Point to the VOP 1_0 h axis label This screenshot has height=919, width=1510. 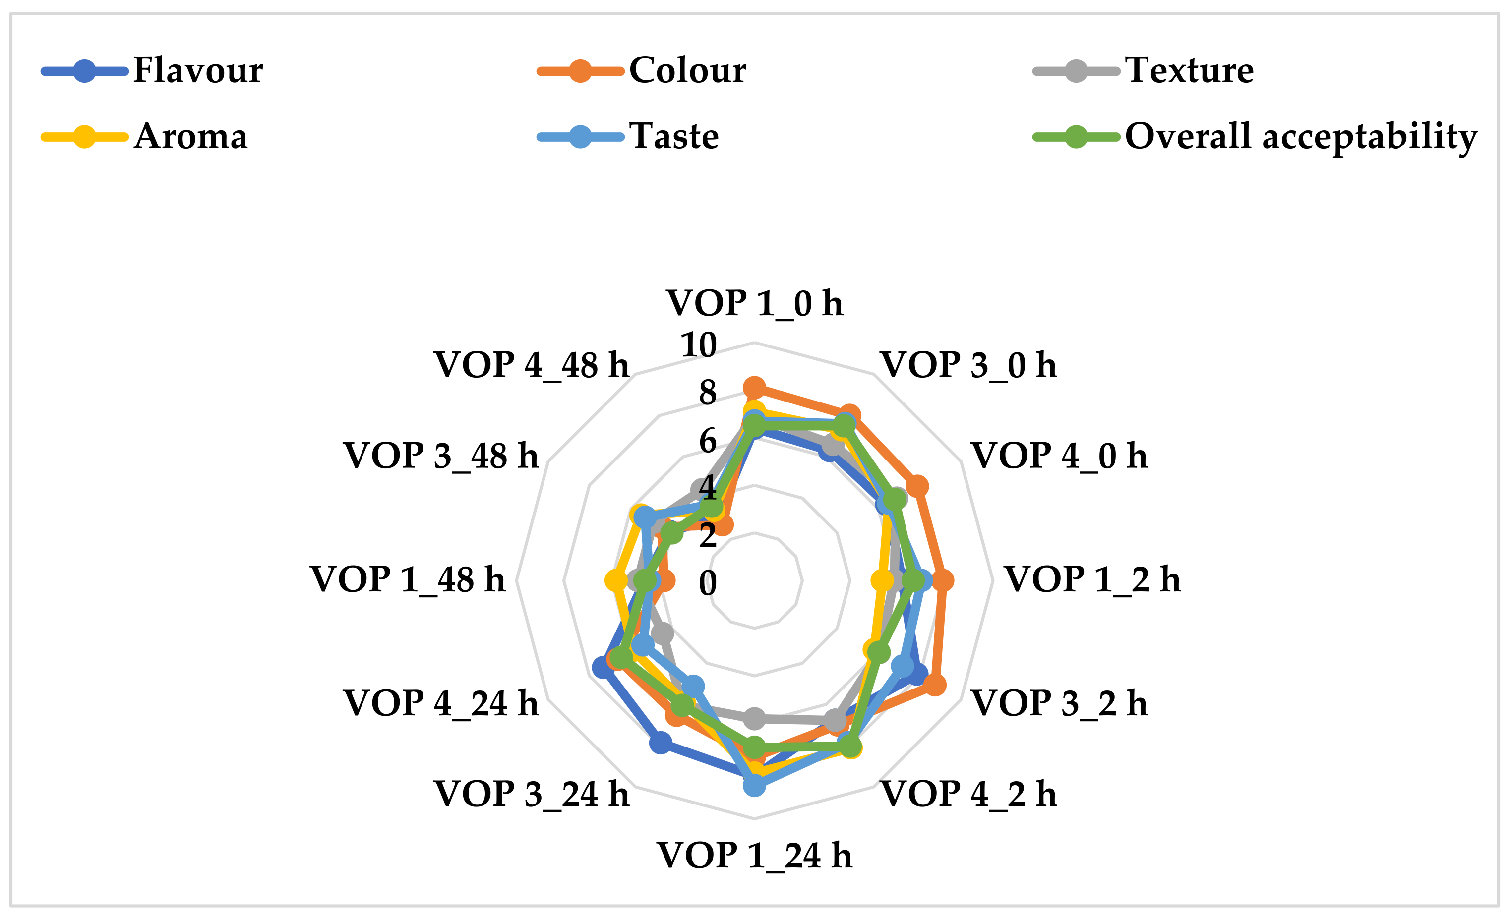coord(754,303)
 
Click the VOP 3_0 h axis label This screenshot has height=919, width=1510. coord(968,365)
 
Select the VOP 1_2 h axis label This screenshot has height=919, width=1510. coord(1092,579)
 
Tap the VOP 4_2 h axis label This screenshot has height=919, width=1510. coord(968,794)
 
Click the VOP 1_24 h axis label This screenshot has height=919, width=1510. coord(754,856)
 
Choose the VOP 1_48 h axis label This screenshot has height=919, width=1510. coord(408,579)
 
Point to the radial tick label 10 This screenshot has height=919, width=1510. coord(699,345)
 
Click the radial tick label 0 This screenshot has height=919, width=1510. coord(707,582)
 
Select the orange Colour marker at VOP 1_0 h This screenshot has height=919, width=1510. coord(754,387)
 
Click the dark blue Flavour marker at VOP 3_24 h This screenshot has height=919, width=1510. coord(660,743)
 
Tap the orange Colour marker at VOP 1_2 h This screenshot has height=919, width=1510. coord(943,580)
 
